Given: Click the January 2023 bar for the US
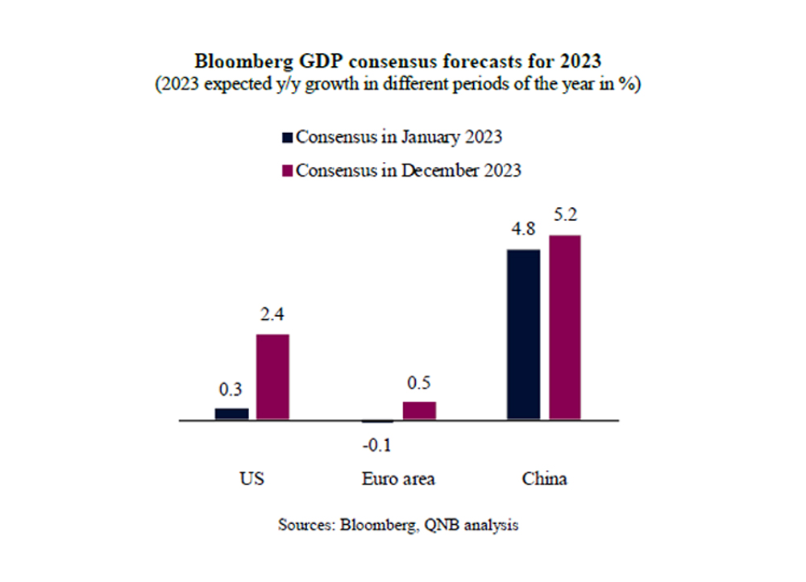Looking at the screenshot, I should click(x=231, y=414).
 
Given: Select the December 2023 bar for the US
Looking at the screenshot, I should click(x=272, y=376).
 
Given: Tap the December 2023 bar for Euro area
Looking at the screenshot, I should click(x=419, y=410).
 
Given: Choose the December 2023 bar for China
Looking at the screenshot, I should click(x=563, y=327).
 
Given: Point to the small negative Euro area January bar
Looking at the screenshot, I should click(x=378, y=422).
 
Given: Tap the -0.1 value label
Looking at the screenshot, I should click(x=378, y=444).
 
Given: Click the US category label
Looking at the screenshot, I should click(x=252, y=479).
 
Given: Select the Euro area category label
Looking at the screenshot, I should click(x=398, y=479).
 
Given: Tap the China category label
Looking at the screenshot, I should click(x=544, y=479).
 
